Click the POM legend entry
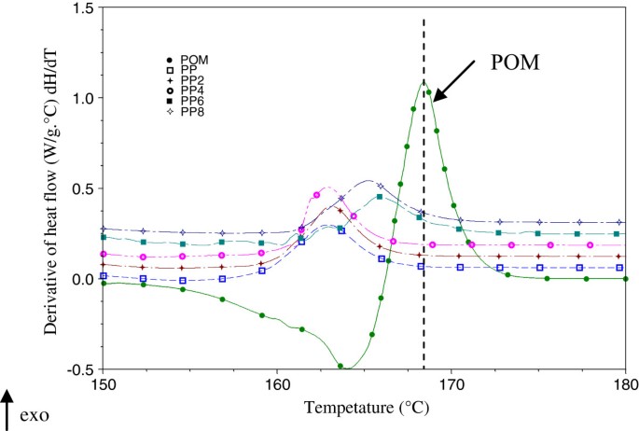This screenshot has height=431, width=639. point(188,60)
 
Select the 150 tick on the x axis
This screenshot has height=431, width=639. point(103,383)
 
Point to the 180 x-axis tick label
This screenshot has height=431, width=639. point(625,383)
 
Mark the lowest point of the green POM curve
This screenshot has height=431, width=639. point(340,368)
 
